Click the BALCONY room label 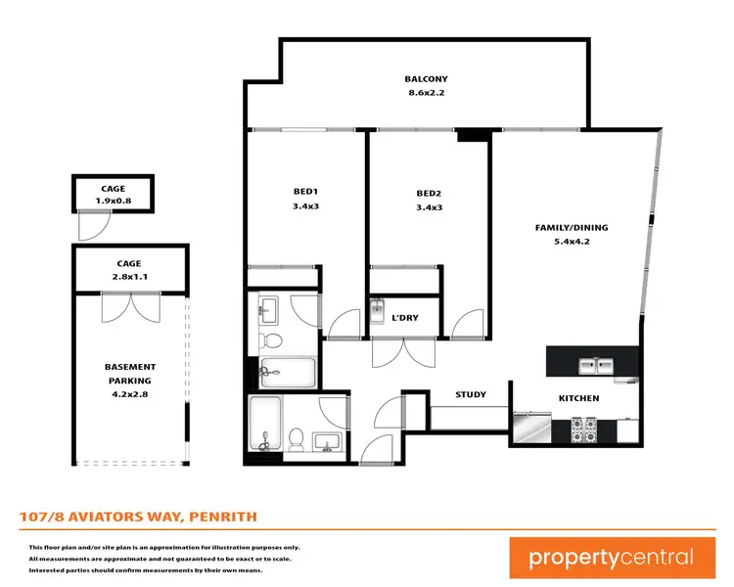(x=427, y=79)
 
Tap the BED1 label (x=306, y=192)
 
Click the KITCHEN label (x=578, y=398)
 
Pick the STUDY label (x=471, y=394)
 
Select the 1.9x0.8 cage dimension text (x=114, y=202)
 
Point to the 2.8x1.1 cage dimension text (x=128, y=278)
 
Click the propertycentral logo (x=611, y=558)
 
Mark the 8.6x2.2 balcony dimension (x=427, y=94)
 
